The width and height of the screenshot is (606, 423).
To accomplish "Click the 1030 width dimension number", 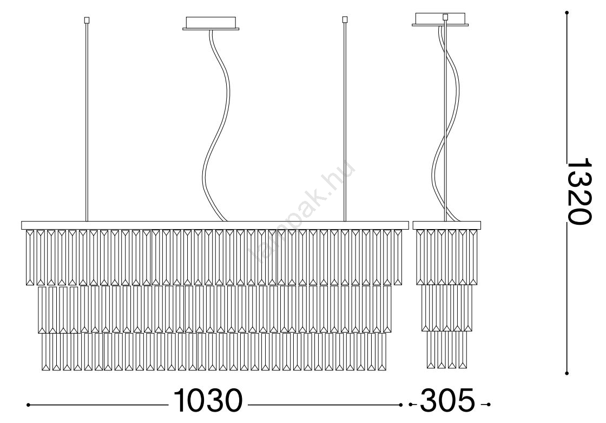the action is pos(208,400).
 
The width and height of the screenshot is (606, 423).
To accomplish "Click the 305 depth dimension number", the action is pos(447,400).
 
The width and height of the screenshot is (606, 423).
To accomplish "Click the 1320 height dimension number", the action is pos(578,191).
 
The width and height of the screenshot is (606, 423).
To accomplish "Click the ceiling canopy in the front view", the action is pos(210,23).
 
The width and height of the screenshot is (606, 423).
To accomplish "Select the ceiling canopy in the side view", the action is pos(440,19).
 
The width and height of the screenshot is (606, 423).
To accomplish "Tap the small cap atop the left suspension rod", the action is pos(87,19).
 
